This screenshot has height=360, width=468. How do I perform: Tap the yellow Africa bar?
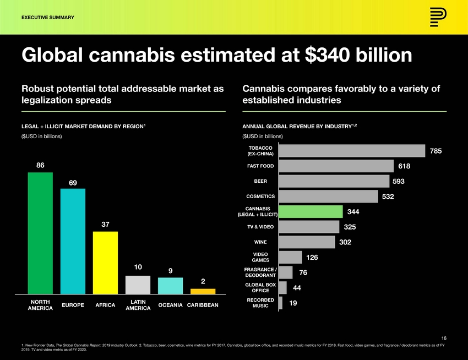point(105,263)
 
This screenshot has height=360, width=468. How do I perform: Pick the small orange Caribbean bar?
point(203,291)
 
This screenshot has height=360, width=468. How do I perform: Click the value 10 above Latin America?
point(138,267)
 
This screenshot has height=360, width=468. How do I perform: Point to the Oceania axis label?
point(170,305)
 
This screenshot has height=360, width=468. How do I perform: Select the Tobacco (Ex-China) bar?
point(352,151)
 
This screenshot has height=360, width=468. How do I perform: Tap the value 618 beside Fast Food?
point(405,166)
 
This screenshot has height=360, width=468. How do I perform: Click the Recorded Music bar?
point(281,303)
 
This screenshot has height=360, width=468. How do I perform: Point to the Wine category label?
point(260,242)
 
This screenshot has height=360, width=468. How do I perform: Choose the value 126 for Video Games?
point(312,257)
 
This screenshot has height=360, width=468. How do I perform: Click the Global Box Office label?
point(260,287)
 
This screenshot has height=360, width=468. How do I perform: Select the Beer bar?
point(334,181)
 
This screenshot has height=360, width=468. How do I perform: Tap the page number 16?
point(443,338)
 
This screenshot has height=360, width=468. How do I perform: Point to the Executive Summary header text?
point(47,18)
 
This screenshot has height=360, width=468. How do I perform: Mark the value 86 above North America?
point(40,165)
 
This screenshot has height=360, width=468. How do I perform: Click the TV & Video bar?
point(309,227)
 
